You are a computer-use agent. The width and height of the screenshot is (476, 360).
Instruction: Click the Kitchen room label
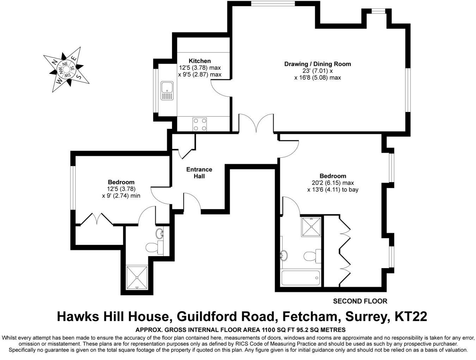200,61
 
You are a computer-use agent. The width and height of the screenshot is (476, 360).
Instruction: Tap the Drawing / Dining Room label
317,64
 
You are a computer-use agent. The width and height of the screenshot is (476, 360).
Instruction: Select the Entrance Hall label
199,173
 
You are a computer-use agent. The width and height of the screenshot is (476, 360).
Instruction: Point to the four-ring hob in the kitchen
200,124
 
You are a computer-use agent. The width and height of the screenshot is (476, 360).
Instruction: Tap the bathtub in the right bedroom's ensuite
301,278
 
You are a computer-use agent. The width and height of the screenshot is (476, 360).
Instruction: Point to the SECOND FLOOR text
360,301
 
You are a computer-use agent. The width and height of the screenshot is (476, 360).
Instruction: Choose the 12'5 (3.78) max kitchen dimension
200,68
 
